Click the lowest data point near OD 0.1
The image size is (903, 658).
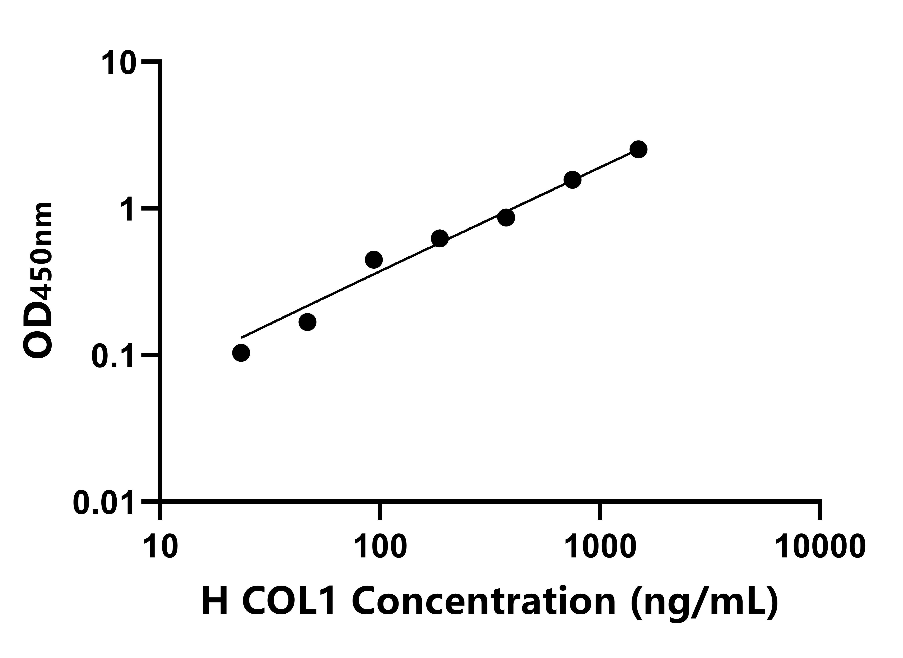(x=241, y=353)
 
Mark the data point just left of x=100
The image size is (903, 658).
(x=373, y=260)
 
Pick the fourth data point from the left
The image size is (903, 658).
(x=440, y=239)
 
